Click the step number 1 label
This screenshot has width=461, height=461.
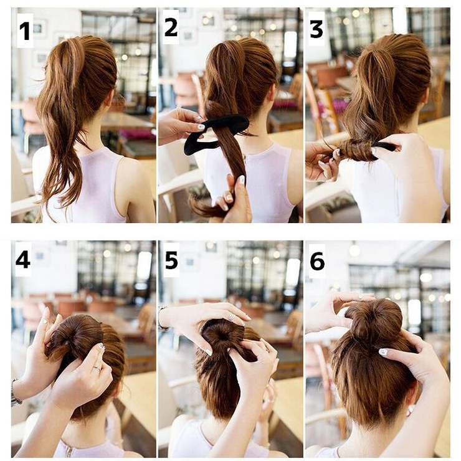25,31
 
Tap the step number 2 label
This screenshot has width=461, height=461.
171,27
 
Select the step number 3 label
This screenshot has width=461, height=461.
316,29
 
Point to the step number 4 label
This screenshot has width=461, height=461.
22,259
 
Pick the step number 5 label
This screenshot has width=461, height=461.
171,260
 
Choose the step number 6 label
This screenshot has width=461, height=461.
317,261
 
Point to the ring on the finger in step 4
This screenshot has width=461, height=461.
97,368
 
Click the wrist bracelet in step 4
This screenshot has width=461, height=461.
15,392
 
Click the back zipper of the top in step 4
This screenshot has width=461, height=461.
69,451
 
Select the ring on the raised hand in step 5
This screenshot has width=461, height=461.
232,316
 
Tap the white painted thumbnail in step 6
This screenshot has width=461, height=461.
383,351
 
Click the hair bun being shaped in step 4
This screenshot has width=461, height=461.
76,338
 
